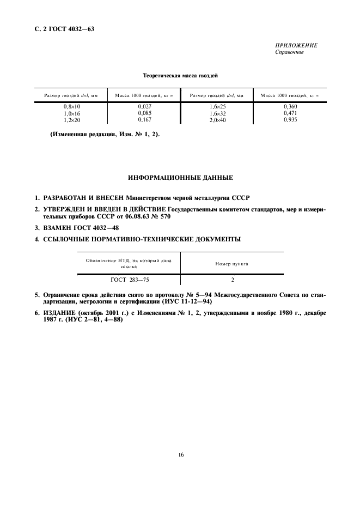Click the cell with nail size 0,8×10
click(72, 107)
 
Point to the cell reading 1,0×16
click(72, 113)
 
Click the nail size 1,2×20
click(72, 119)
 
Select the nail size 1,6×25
click(217, 107)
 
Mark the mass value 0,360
click(289, 107)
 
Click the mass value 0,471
click(289, 113)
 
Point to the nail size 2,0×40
click(217, 119)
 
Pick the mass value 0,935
click(289, 119)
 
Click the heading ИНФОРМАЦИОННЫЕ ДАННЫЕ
click(180, 178)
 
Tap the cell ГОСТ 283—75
click(129, 280)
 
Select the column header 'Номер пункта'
click(232, 264)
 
